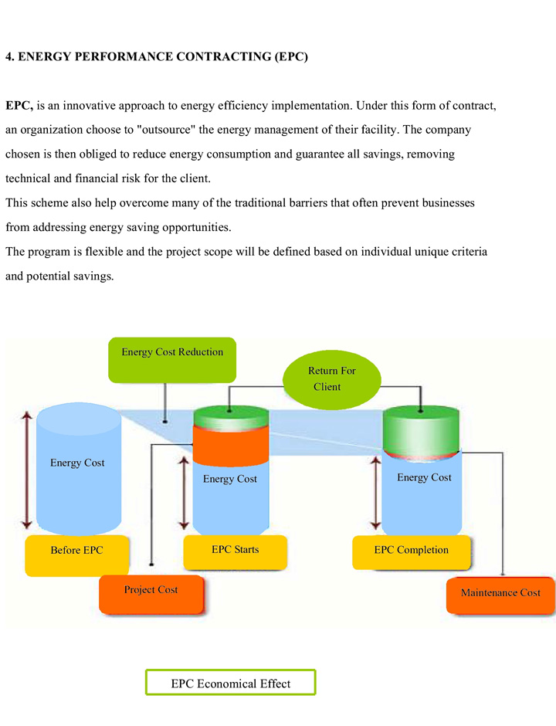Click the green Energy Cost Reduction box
point(172,360)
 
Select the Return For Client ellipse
point(332,380)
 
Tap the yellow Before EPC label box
point(77,555)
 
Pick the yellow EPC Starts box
point(236,552)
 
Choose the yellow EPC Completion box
point(412,552)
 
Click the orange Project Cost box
point(151,595)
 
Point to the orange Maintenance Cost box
point(500,595)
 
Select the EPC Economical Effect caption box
point(231,682)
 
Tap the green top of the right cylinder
point(422,430)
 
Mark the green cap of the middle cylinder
point(231,417)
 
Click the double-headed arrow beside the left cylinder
point(27,470)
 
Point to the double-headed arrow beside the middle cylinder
point(185,493)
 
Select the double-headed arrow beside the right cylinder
point(376,493)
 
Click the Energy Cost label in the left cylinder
point(77,463)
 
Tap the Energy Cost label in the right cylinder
point(424,477)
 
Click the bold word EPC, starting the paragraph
point(19,106)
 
